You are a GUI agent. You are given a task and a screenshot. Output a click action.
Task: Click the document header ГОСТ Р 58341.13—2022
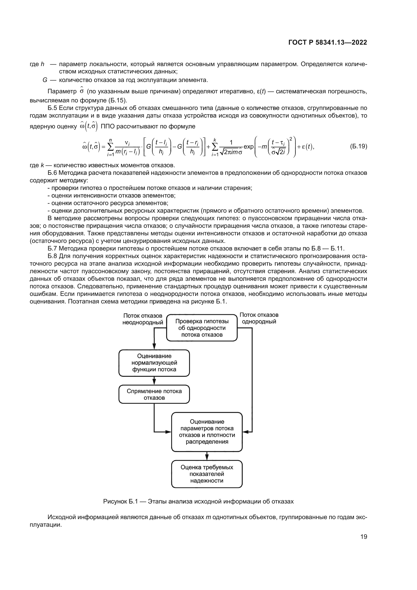coord(328,43)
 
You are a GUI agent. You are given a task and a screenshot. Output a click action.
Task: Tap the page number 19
coord(364,537)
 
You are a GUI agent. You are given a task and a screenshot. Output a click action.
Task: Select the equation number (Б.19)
coord(359,147)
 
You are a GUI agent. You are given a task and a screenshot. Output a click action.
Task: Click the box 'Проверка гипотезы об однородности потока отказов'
coord(202,328)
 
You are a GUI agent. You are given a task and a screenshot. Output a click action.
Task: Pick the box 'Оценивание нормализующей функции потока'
coord(154,362)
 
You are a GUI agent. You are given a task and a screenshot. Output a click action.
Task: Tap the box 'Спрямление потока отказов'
coord(154,394)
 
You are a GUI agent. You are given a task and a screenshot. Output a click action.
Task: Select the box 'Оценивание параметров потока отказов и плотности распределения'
coord(207,432)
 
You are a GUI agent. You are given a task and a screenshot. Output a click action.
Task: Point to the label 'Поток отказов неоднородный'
coord(143,319)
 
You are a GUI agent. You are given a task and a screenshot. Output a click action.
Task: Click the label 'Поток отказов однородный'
coord(259,318)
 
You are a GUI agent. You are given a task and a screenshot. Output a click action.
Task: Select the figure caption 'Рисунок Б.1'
coord(198,501)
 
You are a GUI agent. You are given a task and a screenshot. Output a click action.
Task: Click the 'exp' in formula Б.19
coord(248,147)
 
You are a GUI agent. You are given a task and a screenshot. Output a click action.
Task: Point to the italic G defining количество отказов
coord(45,80)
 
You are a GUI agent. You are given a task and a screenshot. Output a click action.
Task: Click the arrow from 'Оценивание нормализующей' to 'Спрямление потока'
coord(154,381)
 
